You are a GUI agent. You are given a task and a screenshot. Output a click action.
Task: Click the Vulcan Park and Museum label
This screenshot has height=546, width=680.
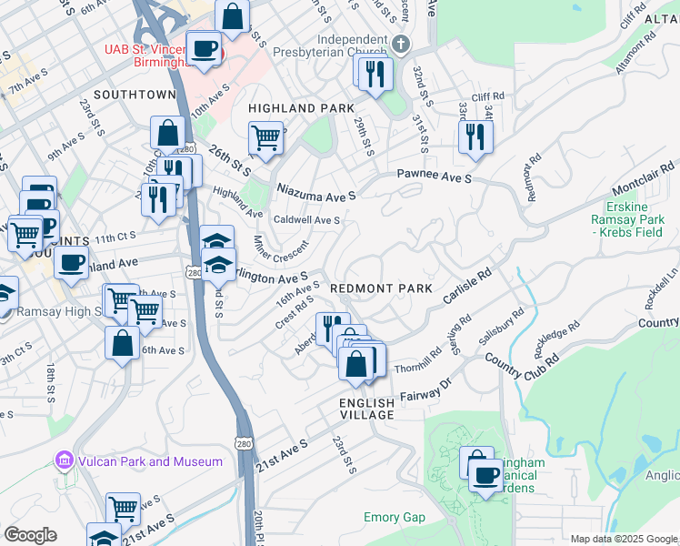149,461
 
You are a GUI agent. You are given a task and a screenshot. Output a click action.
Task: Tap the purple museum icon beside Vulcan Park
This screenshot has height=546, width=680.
63,461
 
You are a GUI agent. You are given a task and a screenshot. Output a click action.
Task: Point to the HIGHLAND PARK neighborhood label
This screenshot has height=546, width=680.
301,108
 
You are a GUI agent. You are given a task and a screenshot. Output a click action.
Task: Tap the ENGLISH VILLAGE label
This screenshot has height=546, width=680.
367,409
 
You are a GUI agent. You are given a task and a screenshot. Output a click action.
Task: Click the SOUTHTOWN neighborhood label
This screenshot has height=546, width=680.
134,95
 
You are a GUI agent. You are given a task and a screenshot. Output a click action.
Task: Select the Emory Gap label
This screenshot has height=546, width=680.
394,517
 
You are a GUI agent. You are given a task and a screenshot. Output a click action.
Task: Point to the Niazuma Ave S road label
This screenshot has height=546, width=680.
316,193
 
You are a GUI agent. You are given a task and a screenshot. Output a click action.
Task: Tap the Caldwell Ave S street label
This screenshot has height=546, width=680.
306,220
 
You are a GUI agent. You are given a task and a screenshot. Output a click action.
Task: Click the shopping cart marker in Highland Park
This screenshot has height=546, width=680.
265,139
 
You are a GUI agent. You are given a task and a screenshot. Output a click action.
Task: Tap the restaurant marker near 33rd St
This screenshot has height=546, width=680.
474,136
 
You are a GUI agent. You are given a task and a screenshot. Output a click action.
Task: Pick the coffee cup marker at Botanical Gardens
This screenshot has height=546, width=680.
486,475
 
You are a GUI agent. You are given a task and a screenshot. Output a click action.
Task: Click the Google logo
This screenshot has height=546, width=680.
30,535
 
